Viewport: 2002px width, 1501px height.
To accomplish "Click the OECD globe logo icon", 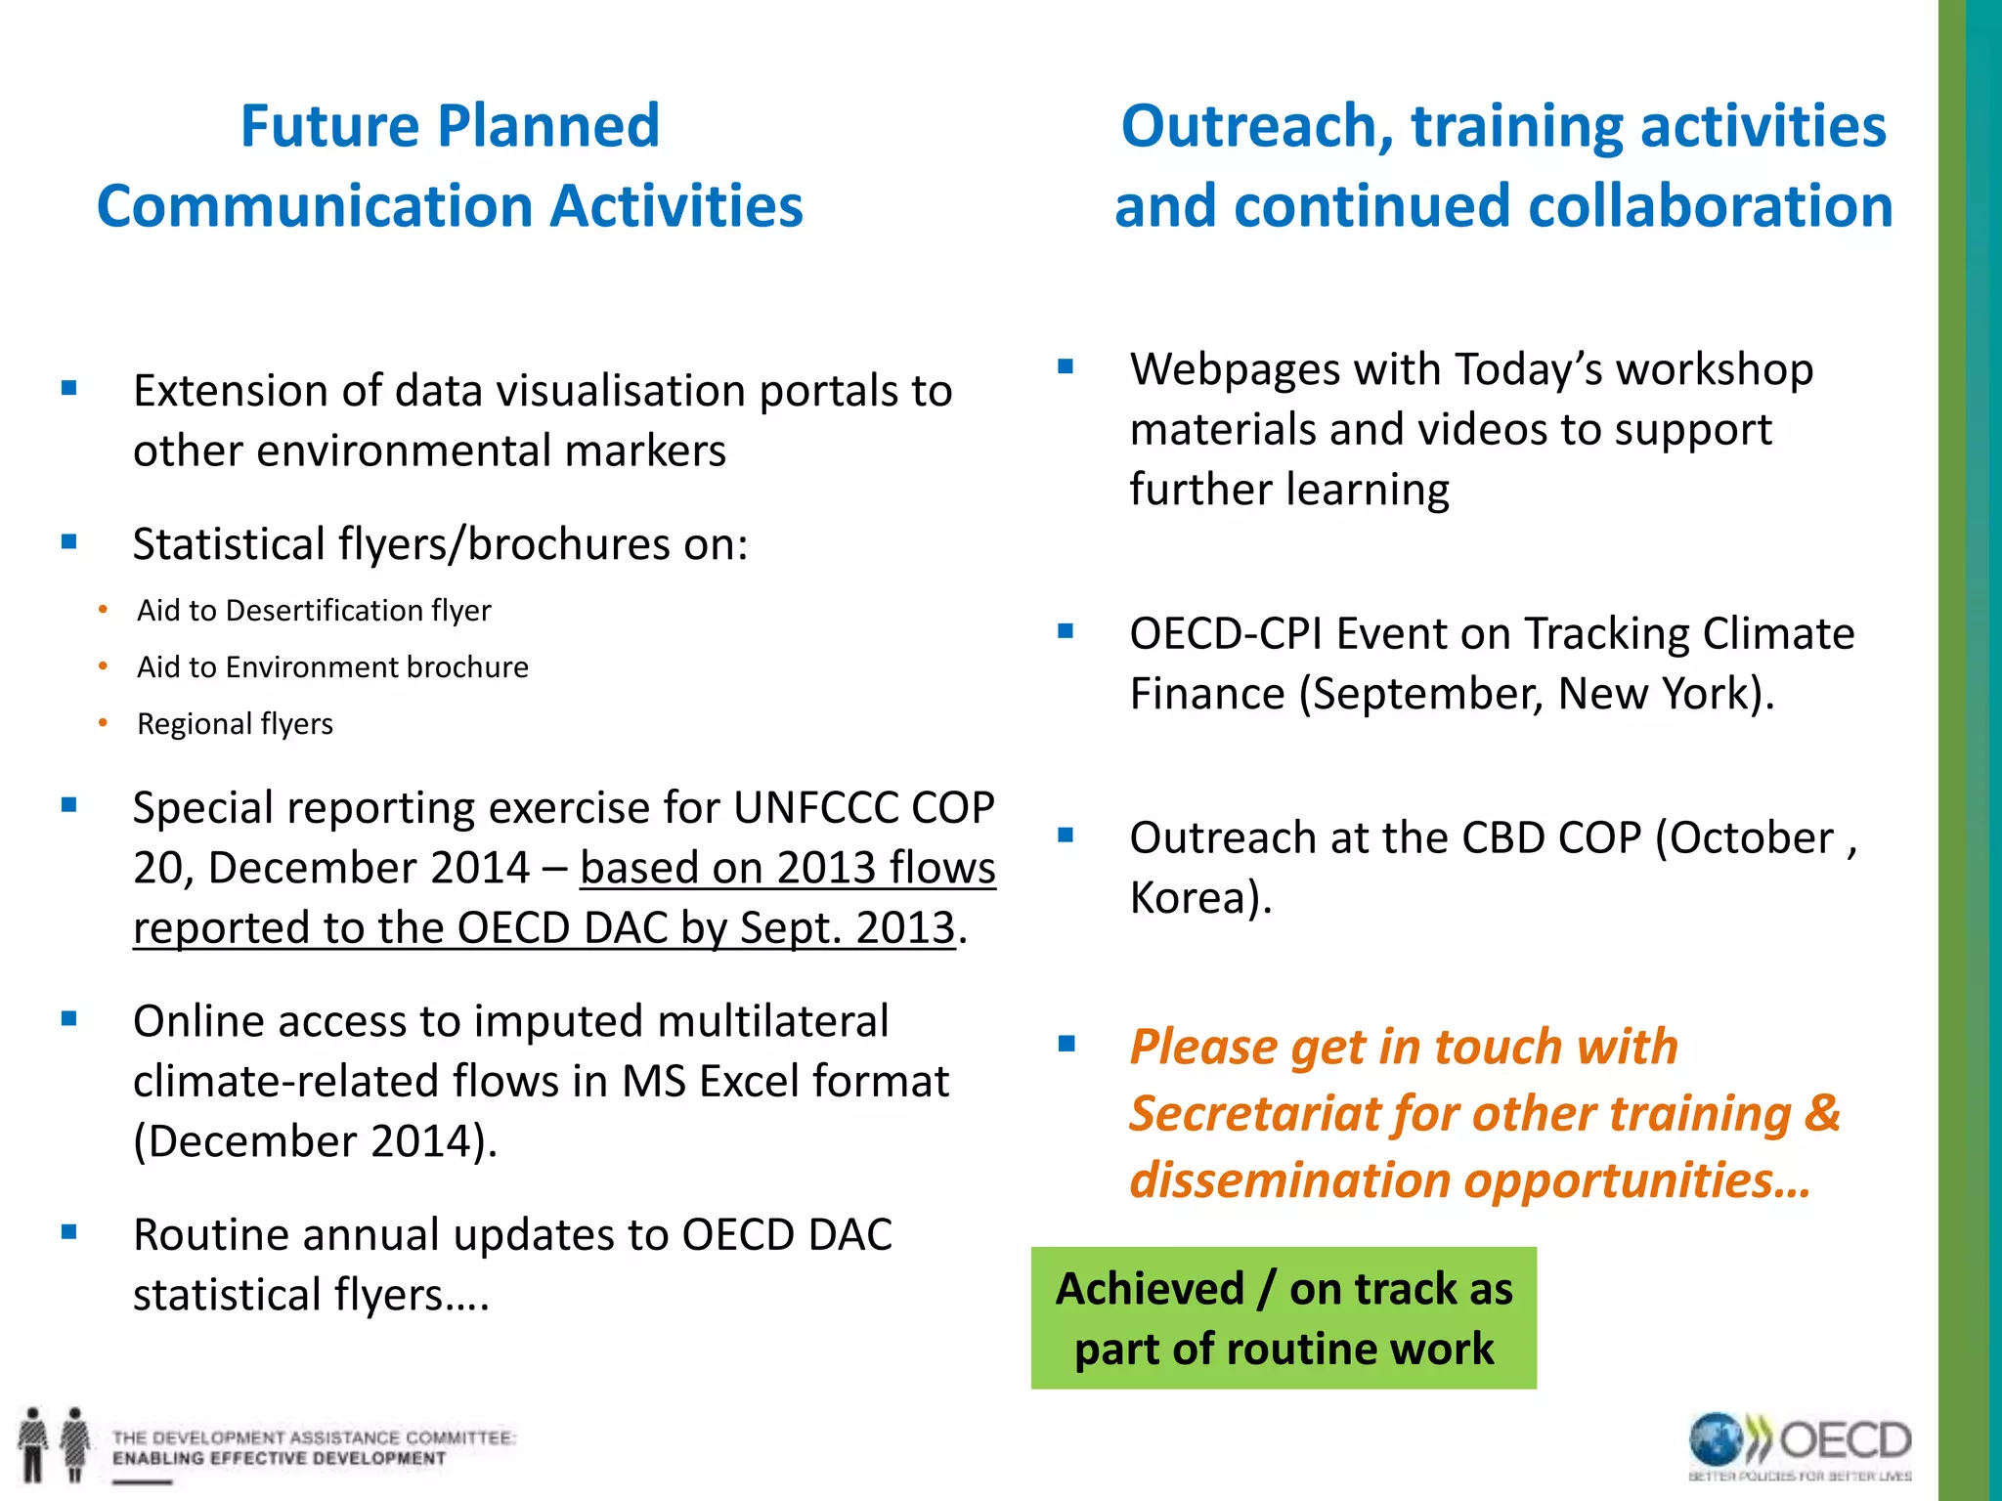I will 1717,1440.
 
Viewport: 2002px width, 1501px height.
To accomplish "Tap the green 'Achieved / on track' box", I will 1283,1317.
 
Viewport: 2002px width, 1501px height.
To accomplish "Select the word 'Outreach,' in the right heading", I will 1257,126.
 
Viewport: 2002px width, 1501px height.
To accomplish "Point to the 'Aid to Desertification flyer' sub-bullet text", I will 313,611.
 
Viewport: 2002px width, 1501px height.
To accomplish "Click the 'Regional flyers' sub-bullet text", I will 235,724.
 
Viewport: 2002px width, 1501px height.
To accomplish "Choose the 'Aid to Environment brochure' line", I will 332,667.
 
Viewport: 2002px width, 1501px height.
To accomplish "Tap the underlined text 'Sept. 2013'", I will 847,927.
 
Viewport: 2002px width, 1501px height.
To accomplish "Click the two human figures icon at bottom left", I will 54,1444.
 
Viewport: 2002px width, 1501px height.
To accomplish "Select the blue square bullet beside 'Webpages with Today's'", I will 1066,368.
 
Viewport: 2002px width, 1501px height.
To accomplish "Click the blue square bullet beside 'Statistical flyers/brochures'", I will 68,542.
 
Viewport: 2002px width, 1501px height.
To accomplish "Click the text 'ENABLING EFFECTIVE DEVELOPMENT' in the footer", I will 279,1459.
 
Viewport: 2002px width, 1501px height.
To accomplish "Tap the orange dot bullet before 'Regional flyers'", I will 104,723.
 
